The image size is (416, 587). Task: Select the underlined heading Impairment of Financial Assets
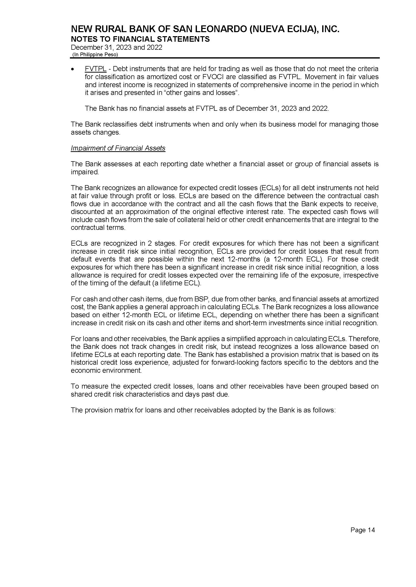click(x=118, y=148)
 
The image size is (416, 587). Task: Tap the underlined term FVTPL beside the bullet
click(x=96, y=69)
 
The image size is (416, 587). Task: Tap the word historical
click(x=83, y=362)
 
